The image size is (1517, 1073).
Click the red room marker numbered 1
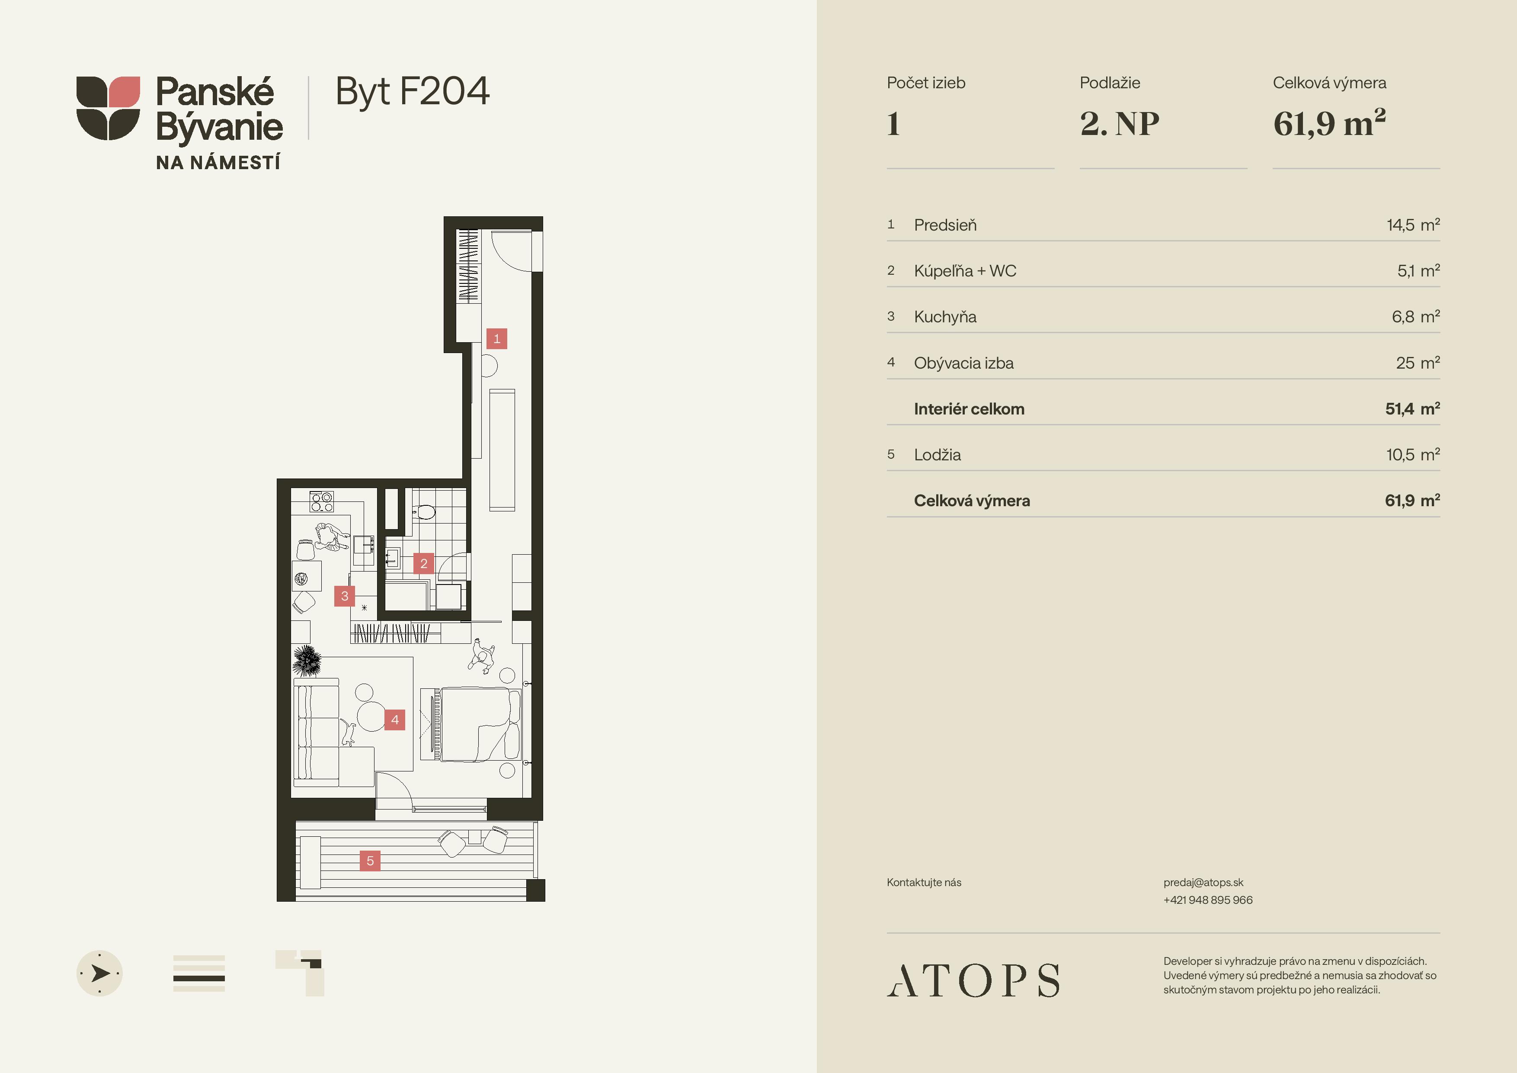click(x=497, y=338)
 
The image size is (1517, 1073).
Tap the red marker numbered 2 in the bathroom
click(x=423, y=563)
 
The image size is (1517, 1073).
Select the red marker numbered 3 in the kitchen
click(x=344, y=596)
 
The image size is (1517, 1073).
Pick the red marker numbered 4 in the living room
click(x=394, y=720)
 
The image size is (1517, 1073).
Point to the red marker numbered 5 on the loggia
click(x=370, y=860)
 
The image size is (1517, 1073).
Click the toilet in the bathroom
click(x=423, y=511)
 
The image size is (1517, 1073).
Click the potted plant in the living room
click(x=307, y=660)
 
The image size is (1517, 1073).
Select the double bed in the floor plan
click(x=480, y=724)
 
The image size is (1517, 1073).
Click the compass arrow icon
click(x=100, y=973)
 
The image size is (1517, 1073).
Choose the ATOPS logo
click(x=973, y=980)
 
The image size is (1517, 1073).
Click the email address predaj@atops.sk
click(x=1203, y=883)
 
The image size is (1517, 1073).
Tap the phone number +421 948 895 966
click(x=1208, y=900)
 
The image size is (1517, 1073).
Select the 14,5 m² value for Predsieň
click(x=1413, y=225)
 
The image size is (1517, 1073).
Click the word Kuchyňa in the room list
click(x=945, y=317)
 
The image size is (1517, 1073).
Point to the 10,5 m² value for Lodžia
click(x=1413, y=454)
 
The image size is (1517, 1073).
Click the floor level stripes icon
click(x=199, y=973)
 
